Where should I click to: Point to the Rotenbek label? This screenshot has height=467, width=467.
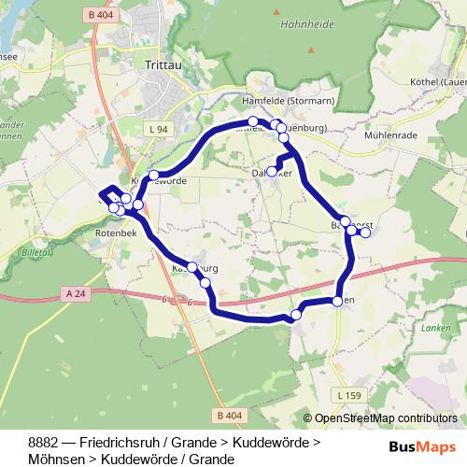pos(116,235)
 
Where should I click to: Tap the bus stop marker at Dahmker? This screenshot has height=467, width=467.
pos(272,171)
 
